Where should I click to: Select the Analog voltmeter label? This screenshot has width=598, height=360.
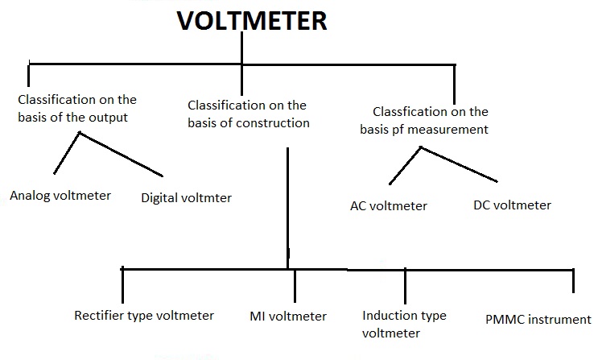[60, 195]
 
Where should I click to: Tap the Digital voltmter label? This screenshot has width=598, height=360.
[186, 197]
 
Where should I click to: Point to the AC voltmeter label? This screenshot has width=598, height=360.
[388, 205]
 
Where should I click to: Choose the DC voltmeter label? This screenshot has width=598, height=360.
[512, 205]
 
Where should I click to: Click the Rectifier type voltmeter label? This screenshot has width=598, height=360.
[144, 315]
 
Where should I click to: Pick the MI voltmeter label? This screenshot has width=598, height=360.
[288, 316]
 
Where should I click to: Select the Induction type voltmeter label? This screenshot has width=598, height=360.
[404, 324]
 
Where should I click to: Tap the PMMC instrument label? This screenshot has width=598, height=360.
[538, 319]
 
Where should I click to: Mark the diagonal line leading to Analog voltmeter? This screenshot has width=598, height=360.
[66, 154]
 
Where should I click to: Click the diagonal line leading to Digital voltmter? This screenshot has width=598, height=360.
[121, 155]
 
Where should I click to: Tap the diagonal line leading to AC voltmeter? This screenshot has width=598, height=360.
[404, 165]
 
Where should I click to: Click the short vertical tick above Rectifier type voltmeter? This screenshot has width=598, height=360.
[122, 283]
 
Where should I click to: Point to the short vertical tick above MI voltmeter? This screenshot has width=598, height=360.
[295, 284]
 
